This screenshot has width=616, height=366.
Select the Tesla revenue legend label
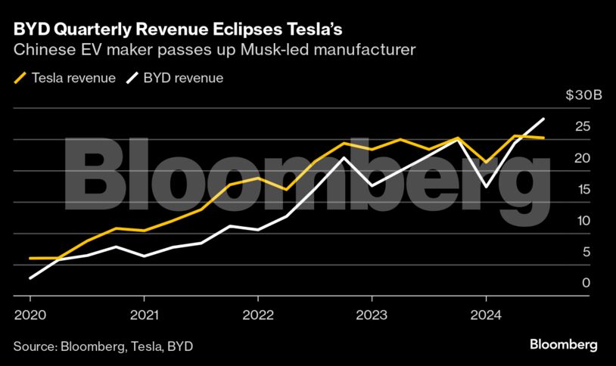pyautogui.click(x=73, y=78)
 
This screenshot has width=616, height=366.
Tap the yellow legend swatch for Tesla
pyautogui.click(x=20, y=78)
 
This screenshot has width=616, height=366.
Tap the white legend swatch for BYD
pyautogui.click(x=132, y=78)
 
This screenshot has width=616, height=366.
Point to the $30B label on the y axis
pyautogui.click(x=583, y=95)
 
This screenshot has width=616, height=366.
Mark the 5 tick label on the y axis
pyautogui.click(x=585, y=252)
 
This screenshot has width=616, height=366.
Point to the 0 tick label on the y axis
pyautogui.click(x=585, y=283)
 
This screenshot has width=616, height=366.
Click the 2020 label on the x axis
pyautogui.click(x=30, y=315)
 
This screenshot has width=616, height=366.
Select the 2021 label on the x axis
pyautogui.click(x=144, y=315)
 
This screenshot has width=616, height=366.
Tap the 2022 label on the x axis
pyautogui.click(x=257, y=315)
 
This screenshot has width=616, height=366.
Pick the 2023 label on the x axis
pyautogui.click(x=372, y=315)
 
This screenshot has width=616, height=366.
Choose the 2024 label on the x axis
pyautogui.click(x=486, y=315)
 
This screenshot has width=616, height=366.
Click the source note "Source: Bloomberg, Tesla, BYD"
pyautogui.click(x=103, y=346)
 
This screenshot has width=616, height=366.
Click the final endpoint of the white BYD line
pyautogui.click(x=543, y=119)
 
